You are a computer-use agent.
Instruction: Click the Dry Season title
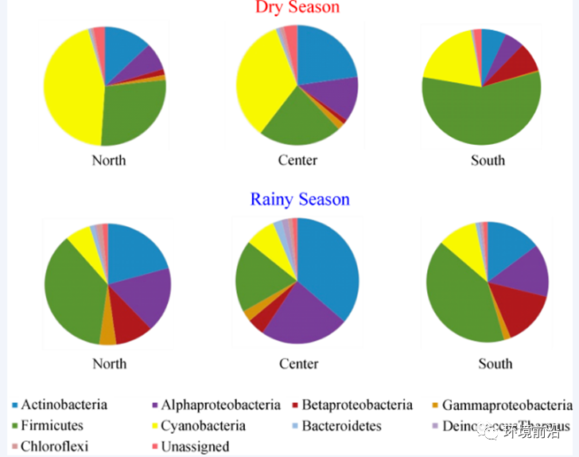[x=297, y=7]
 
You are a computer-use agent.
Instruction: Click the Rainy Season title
[x=300, y=199]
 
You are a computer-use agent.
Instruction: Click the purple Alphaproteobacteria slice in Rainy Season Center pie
[x=298, y=314]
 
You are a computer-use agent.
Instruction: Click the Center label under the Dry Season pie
[x=297, y=160]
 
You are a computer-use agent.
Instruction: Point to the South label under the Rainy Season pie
[x=495, y=364]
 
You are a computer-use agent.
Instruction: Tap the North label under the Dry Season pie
[x=108, y=160]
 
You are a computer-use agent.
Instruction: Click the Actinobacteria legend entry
[x=64, y=404]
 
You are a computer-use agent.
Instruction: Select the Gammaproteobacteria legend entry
[x=507, y=405]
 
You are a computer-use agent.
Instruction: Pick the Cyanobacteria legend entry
[x=203, y=426]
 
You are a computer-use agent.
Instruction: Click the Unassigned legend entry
[x=195, y=447]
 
